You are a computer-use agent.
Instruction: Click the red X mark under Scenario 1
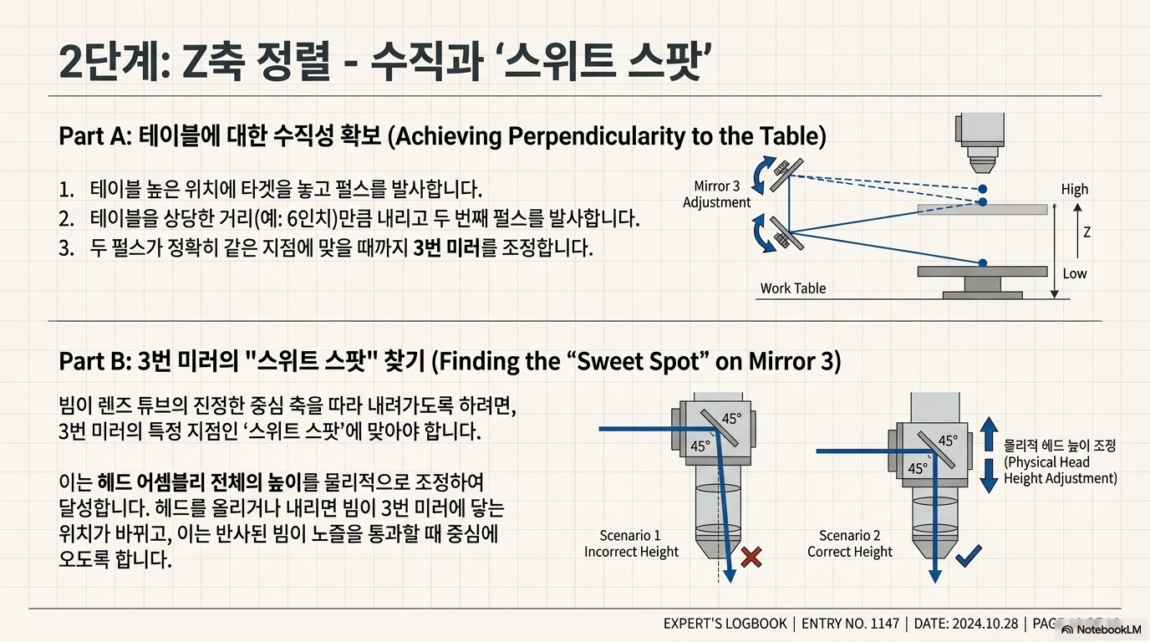[751, 557]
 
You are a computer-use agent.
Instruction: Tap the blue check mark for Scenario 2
[967, 556]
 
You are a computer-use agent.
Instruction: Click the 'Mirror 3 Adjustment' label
[716, 195]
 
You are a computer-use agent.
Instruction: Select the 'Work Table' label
[792, 288]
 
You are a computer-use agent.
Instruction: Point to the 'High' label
[1075, 190]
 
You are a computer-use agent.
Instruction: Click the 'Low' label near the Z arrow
[1075, 273]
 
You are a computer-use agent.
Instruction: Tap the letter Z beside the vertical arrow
[1086, 232]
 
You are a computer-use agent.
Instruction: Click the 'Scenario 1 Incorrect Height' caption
[632, 543]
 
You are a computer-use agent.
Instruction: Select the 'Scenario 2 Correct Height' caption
[850, 543]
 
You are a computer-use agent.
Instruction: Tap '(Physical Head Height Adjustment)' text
[1060, 471]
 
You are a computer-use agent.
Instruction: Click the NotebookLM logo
[1101, 629]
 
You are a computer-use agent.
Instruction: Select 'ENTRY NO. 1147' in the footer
[850, 624]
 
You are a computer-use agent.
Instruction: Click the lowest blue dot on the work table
[983, 261]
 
